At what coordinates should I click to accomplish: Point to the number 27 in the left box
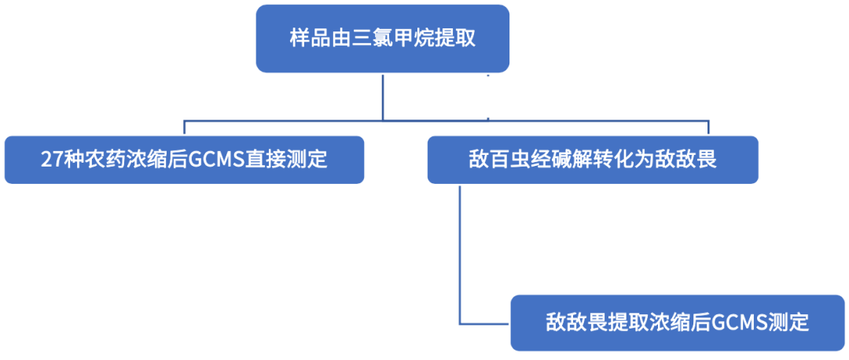click(x=51, y=160)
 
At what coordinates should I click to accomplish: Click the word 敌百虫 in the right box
click(x=497, y=160)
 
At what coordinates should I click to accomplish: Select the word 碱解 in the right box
click(x=564, y=160)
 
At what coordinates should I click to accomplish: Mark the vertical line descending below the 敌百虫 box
click(x=459, y=252)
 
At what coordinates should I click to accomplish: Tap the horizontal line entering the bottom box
click(x=485, y=323)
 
